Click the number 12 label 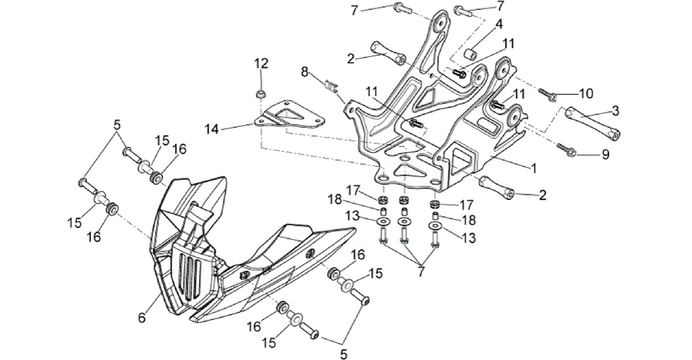pyautogui.click(x=261, y=63)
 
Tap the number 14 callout pyautogui.click(x=212, y=129)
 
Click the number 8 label pyautogui.click(x=305, y=72)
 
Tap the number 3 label pyautogui.click(x=615, y=111)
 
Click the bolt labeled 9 pyautogui.click(x=566, y=149)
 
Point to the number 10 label pyautogui.click(x=586, y=94)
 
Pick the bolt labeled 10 pyautogui.click(x=547, y=94)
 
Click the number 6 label pyautogui.click(x=141, y=317)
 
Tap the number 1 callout pyautogui.click(x=534, y=168)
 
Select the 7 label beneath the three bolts pyautogui.click(x=421, y=272)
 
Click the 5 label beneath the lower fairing pyautogui.click(x=344, y=353)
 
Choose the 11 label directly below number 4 pyautogui.click(x=508, y=44)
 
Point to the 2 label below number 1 pyautogui.click(x=542, y=195)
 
